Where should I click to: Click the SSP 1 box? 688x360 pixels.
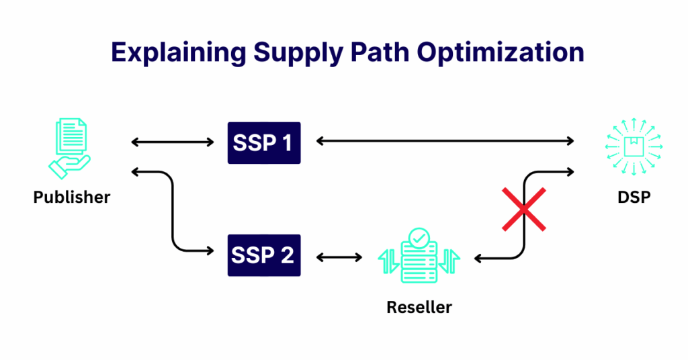click(x=264, y=142)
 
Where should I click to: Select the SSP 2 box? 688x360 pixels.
click(x=264, y=256)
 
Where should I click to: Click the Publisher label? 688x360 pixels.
click(x=72, y=197)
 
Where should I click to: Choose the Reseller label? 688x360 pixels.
click(x=419, y=308)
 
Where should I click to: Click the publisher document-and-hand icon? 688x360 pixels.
click(x=70, y=147)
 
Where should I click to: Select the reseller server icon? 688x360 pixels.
click(x=420, y=257)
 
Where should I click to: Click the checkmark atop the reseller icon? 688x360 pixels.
click(x=420, y=237)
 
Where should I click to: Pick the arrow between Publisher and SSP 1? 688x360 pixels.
click(x=173, y=142)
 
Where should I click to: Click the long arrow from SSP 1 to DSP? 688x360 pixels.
click(x=445, y=141)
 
